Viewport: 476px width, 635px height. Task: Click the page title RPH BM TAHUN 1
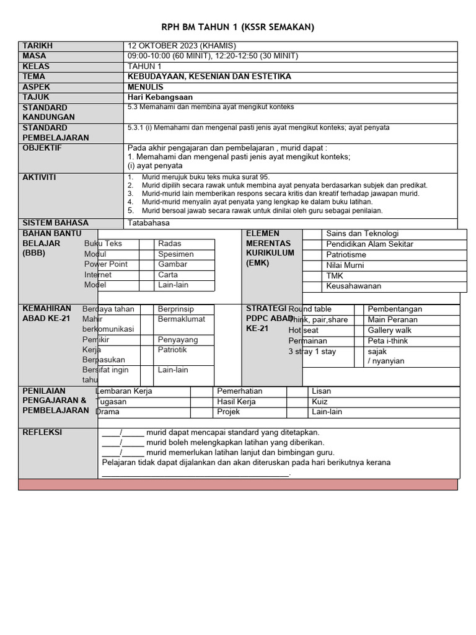[x=238, y=27]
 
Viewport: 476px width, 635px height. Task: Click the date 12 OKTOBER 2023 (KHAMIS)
[x=182, y=46]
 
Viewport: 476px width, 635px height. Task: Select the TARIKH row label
[x=38, y=46]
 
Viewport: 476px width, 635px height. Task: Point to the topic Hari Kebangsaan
[x=160, y=97]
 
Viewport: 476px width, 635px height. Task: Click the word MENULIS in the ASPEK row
[x=146, y=87]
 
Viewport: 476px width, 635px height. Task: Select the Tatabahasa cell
[x=148, y=223]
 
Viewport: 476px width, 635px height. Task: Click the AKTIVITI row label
[x=39, y=177]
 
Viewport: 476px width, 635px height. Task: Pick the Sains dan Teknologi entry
[x=362, y=234]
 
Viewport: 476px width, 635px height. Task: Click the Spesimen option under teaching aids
[x=175, y=254]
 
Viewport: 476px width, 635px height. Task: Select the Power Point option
[x=106, y=264]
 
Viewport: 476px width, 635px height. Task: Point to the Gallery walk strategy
[x=389, y=331]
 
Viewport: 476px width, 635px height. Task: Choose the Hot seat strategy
[x=303, y=331]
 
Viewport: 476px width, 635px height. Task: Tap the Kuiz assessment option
[x=320, y=402]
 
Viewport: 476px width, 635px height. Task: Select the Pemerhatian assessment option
[x=239, y=391]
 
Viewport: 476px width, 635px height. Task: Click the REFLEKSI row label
[x=42, y=432]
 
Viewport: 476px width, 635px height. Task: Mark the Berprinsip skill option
[x=175, y=309]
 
